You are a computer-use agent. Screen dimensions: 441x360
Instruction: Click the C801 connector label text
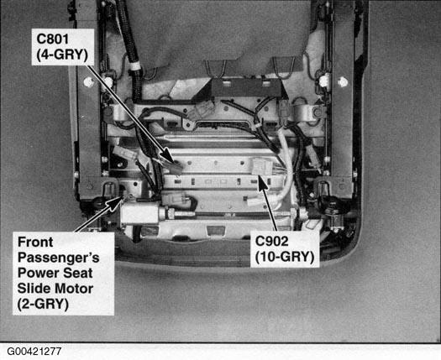53,39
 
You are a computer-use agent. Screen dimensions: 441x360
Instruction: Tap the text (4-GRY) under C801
62,55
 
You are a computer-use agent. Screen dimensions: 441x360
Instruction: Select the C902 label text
271,241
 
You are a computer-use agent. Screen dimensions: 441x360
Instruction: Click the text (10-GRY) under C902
285,257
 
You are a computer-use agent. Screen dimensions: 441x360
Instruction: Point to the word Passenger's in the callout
59,258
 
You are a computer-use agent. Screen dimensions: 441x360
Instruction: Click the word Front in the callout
35,242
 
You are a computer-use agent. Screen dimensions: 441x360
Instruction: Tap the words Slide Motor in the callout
55,289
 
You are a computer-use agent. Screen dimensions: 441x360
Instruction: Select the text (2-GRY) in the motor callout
43,305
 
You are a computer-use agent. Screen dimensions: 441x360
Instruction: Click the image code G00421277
34,352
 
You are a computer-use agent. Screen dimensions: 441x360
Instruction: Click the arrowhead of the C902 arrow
262,182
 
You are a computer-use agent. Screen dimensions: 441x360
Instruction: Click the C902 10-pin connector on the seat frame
262,166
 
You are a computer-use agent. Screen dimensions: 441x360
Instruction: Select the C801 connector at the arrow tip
176,168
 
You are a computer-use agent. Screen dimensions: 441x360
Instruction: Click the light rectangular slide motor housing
139,213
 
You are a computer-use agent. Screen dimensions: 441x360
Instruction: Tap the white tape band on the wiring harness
134,66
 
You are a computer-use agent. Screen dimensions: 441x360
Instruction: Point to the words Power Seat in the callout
55,274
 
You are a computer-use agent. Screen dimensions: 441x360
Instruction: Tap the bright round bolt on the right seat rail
343,82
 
